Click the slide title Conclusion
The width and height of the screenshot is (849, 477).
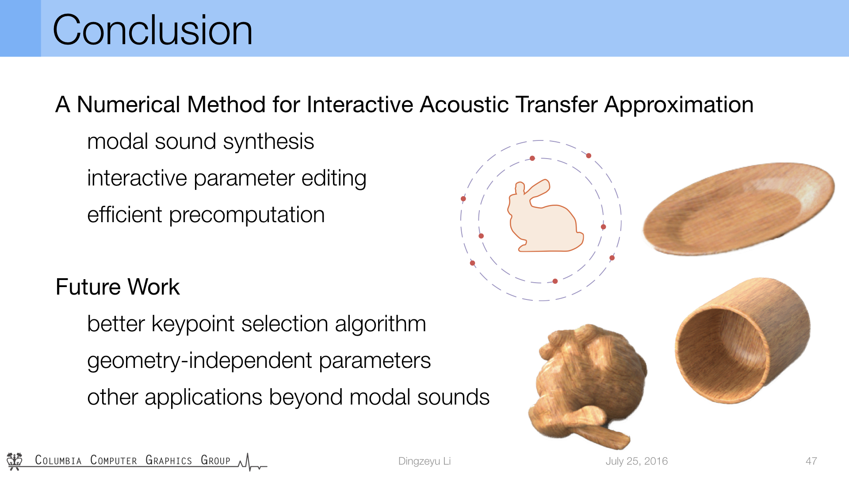pos(153,30)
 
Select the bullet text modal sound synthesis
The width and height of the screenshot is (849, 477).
pos(200,142)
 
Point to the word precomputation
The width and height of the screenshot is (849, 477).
pos(247,216)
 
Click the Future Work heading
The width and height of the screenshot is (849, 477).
pos(118,287)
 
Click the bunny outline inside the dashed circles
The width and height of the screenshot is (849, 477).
pos(545,216)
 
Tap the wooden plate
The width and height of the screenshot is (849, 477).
pos(738,209)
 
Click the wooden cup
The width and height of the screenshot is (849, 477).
pos(743,340)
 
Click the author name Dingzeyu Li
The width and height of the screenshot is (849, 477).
pos(424,461)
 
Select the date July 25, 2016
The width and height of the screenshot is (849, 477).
pos(636,461)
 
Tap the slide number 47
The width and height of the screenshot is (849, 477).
pos(811,461)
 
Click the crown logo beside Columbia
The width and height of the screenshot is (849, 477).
pos(15,461)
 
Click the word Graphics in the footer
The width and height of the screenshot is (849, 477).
pos(168,460)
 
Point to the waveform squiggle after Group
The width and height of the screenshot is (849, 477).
pos(252,462)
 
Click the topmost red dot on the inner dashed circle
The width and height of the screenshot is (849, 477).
pos(532,158)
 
